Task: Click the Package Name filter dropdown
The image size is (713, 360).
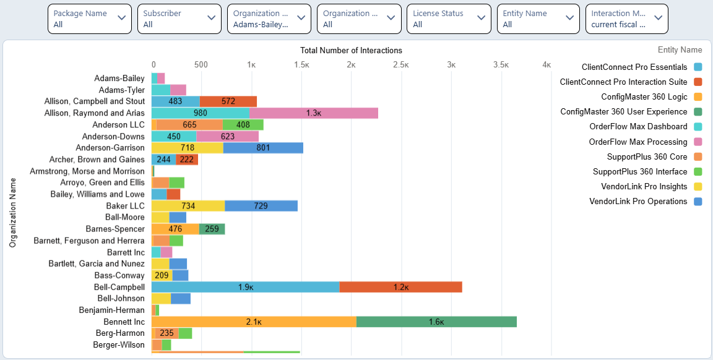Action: [x=89, y=19]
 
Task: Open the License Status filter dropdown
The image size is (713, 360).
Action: [x=448, y=19]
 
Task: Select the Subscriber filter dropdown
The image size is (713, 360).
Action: [x=179, y=19]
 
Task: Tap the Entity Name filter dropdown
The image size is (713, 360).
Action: [x=538, y=19]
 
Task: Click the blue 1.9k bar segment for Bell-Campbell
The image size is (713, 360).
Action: [x=245, y=287]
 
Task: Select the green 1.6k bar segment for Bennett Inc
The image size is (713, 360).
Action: [x=436, y=322]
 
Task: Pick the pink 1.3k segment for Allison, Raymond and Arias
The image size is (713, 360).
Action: [x=314, y=113]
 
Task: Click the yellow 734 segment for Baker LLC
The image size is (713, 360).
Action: [x=188, y=206]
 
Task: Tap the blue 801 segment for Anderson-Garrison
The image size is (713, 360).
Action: [x=263, y=148]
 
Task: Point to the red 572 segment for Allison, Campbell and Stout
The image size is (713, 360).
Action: [x=228, y=101]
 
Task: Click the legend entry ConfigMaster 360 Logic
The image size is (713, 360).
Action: [x=644, y=96]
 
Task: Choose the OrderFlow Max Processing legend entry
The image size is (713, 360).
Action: [x=637, y=142]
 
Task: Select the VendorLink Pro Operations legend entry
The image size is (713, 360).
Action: [x=638, y=201]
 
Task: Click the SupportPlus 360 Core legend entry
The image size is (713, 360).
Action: [x=647, y=156]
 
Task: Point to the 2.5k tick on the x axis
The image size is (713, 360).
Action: [x=401, y=64]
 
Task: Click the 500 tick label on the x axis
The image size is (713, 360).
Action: [x=201, y=64]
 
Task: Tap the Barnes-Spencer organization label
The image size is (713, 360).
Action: [x=115, y=229]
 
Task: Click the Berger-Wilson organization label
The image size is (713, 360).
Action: [x=119, y=345]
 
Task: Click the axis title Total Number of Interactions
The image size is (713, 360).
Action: [x=351, y=50]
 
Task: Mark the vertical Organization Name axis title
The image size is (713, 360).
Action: [x=12, y=213]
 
